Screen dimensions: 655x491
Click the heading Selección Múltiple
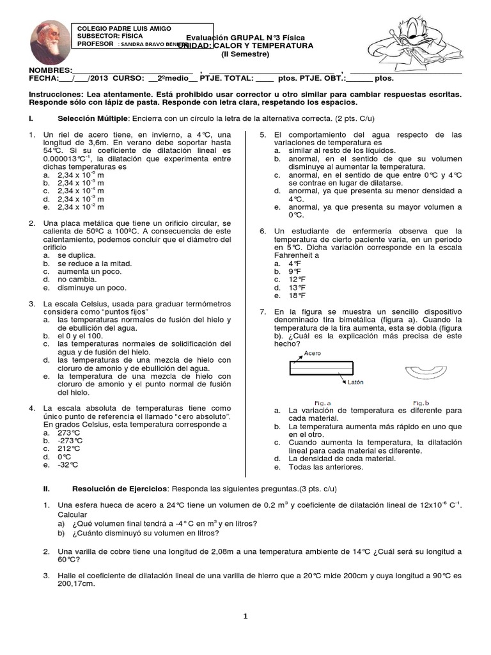pos(93,119)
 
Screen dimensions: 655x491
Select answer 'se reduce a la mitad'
pos(94,264)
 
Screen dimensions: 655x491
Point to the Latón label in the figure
pos(355,383)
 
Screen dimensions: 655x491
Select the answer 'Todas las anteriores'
pos(326,467)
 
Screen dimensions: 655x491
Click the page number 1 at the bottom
pos(245,616)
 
